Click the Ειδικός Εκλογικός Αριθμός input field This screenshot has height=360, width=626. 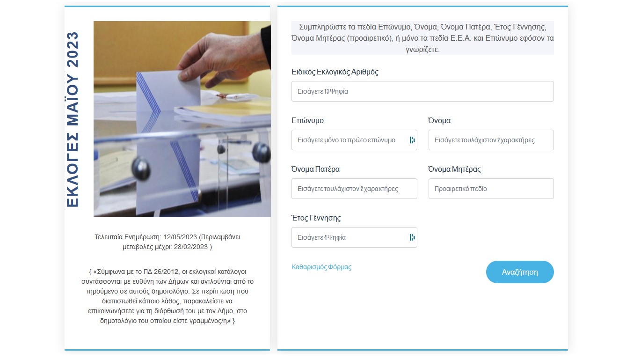coord(422,91)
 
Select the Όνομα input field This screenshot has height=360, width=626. coord(491,140)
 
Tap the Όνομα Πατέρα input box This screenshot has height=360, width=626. coord(354,189)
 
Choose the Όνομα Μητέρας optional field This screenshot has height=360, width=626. coord(491,189)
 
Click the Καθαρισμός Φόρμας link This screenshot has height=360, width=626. coord(321,267)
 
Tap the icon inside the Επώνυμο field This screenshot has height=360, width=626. coord(412,140)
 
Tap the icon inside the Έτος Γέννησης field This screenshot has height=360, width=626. coord(412,237)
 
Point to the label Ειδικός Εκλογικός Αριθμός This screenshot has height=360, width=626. coord(335,72)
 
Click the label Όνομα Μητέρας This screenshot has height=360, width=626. coord(454,169)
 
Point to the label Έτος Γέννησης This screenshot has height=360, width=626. coord(316,218)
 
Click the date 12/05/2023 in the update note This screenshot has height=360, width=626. coord(180,237)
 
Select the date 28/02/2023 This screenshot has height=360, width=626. coord(190,247)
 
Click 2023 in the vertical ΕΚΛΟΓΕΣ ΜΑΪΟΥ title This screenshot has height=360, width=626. coord(73,50)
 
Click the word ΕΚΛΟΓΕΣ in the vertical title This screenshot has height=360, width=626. coord(73,169)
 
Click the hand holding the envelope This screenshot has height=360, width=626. coord(224,59)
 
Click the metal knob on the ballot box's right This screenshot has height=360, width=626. coord(261,153)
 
